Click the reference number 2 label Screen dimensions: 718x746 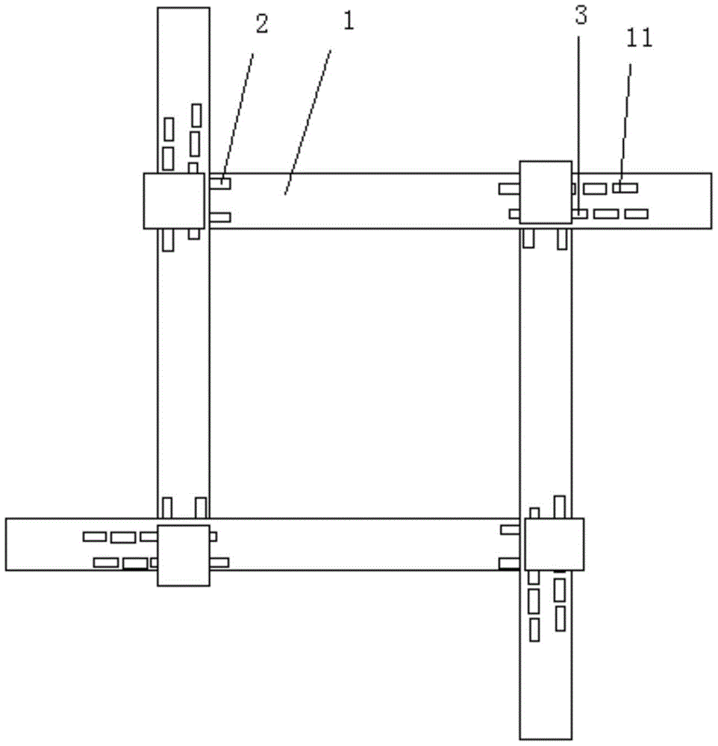261,24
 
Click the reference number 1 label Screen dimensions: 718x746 349,22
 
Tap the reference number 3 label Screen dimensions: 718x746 581,16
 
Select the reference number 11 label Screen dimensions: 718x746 639,38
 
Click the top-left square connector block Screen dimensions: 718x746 174,201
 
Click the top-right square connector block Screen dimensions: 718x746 545,192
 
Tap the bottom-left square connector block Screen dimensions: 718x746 184,555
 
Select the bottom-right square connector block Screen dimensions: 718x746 555,544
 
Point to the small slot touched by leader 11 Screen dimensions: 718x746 625,187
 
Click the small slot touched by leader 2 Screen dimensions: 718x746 220,183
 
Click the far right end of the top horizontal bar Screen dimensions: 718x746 712,201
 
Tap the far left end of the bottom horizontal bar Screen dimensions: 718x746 6,544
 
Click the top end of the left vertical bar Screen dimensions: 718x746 184,7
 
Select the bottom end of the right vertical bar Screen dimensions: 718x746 545,739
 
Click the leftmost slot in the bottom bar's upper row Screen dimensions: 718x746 95,536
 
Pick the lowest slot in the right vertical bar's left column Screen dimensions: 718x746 534,630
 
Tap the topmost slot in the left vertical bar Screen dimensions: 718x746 196,115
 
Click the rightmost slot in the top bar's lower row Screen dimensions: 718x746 636,213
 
